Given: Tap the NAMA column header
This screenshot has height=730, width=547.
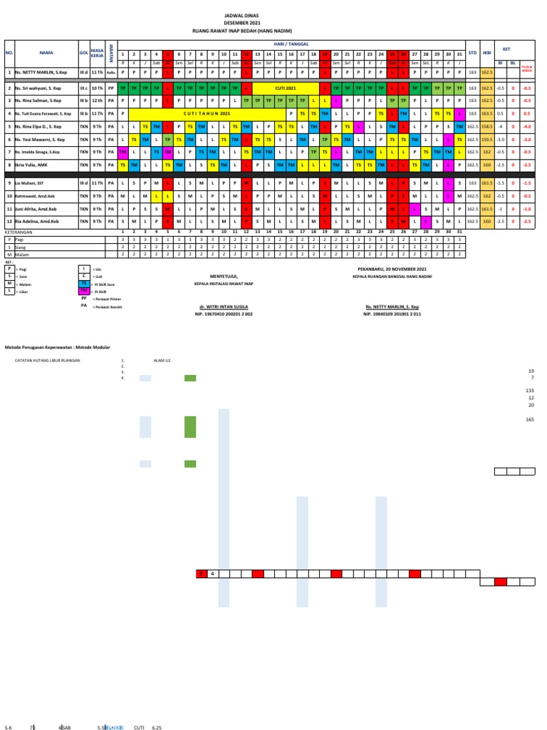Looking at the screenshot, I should coord(46,52).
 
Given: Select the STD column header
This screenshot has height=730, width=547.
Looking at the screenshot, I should coord(472,52).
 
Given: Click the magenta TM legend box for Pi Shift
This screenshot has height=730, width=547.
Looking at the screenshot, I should coord(85,289).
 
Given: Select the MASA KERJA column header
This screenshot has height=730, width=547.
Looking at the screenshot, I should coord(97,52).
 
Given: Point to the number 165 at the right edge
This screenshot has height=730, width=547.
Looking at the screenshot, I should coord(529,420).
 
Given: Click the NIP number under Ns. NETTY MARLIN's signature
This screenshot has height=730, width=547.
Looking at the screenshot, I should coord(392,314).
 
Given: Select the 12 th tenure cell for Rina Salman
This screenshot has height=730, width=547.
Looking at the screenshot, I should coord(97,100).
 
